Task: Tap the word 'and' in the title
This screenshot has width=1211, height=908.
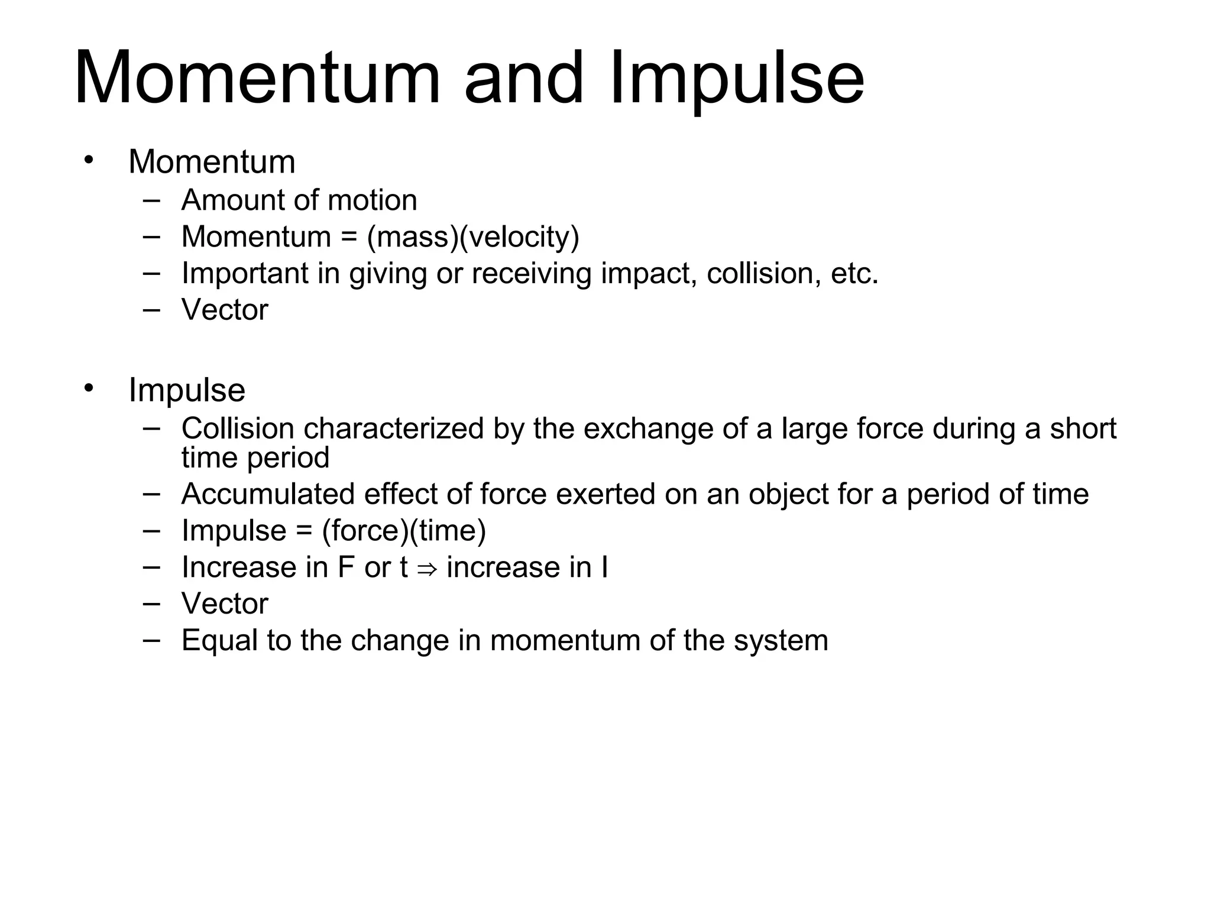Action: [x=524, y=80]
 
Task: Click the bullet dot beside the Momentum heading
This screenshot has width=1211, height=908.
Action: [x=89, y=160]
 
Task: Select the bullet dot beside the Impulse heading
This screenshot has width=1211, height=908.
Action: [x=89, y=388]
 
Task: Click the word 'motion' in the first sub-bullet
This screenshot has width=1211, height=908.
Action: [x=372, y=200]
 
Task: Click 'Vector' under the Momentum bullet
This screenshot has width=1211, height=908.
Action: [x=225, y=310]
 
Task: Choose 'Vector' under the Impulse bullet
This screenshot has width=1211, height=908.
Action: [x=225, y=604]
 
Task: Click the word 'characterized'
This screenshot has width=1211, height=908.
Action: [x=394, y=429]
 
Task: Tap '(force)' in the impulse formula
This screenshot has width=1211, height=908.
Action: [x=365, y=531]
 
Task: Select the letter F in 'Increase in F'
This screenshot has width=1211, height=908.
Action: [x=346, y=567]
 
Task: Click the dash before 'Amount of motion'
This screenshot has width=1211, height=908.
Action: [x=151, y=200]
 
